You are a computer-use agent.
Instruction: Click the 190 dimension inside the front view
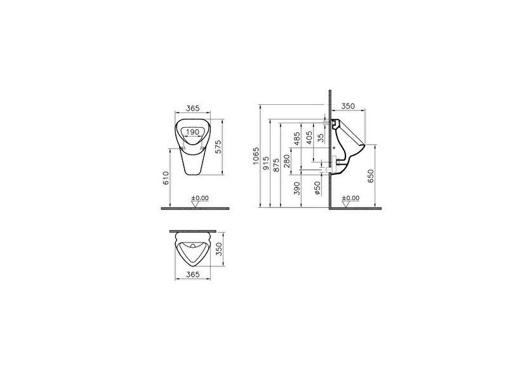[194, 132]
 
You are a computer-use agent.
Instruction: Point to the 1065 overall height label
[257, 156]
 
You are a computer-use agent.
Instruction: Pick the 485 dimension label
[297, 138]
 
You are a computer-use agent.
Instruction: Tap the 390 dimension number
[297, 189]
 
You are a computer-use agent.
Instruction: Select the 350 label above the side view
[347, 106]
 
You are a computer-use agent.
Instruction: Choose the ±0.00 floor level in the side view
[350, 198]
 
